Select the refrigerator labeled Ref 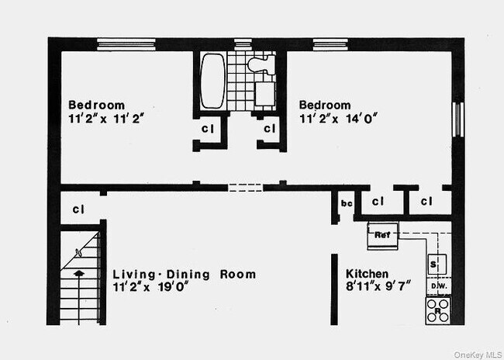coord(381,235)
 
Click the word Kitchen coord(367,274)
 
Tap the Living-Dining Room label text coord(185,274)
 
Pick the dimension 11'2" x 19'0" coord(150,287)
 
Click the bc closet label coord(347,203)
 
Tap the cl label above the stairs coord(78,209)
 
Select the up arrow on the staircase coord(78,272)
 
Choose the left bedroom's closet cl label coord(208,129)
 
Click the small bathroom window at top coord(243,43)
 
